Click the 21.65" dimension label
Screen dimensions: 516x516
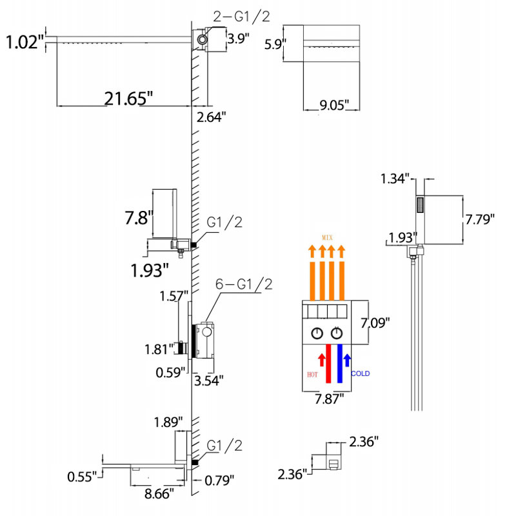128,99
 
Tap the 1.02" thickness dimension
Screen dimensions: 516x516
25,42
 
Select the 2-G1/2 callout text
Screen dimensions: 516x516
241,16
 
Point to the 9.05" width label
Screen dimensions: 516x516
334,105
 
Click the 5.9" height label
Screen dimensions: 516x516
275,44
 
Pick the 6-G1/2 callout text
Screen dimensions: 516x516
244,284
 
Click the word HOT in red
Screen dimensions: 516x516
312,375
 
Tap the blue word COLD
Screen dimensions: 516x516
361,373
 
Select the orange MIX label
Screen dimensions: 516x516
327,237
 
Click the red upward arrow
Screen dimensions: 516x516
321,359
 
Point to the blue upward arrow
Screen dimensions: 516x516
347,360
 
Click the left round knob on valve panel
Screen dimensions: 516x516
317,333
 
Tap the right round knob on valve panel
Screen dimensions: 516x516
336,333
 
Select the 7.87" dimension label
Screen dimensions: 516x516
329,399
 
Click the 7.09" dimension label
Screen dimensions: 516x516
375,323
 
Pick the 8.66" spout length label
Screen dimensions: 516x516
159,493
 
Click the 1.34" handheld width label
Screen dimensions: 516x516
395,179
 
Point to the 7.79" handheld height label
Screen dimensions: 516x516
480,219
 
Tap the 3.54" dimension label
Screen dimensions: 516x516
208,381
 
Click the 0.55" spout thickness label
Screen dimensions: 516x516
82,477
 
